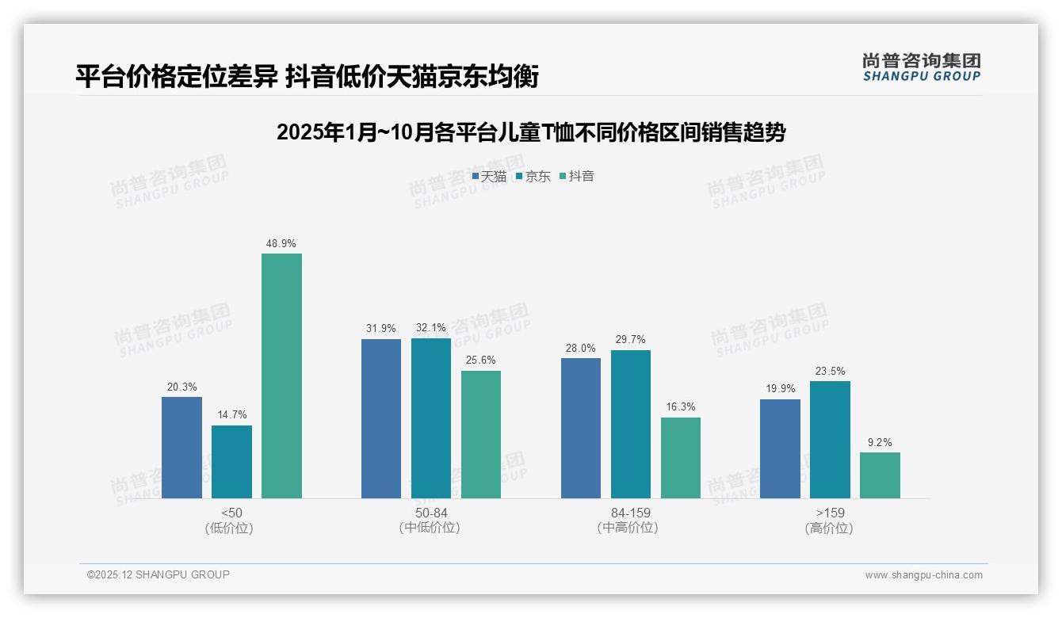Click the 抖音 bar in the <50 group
tap(281, 376)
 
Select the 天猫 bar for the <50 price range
tap(181, 448)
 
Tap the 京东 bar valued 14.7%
tap(231, 462)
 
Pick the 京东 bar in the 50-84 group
tap(430, 418)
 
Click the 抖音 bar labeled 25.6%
tap(481, 434)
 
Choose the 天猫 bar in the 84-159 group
tap(581, 428)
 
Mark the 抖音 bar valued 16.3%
tap(681, 458)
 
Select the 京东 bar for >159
tap(830, 440)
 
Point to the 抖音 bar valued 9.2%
tap(880, 475)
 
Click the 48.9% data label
tap(281, 243)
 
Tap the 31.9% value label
tap(381, 329)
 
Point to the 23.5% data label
tap(830, 371)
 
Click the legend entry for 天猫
tap(489, 177)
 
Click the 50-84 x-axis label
tap(430, 513)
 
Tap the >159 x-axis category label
tap(829, 513)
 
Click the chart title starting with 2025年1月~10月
tap(530, 132)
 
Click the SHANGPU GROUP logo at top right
tap(921, 67)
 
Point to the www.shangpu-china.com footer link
tap(923, 575)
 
